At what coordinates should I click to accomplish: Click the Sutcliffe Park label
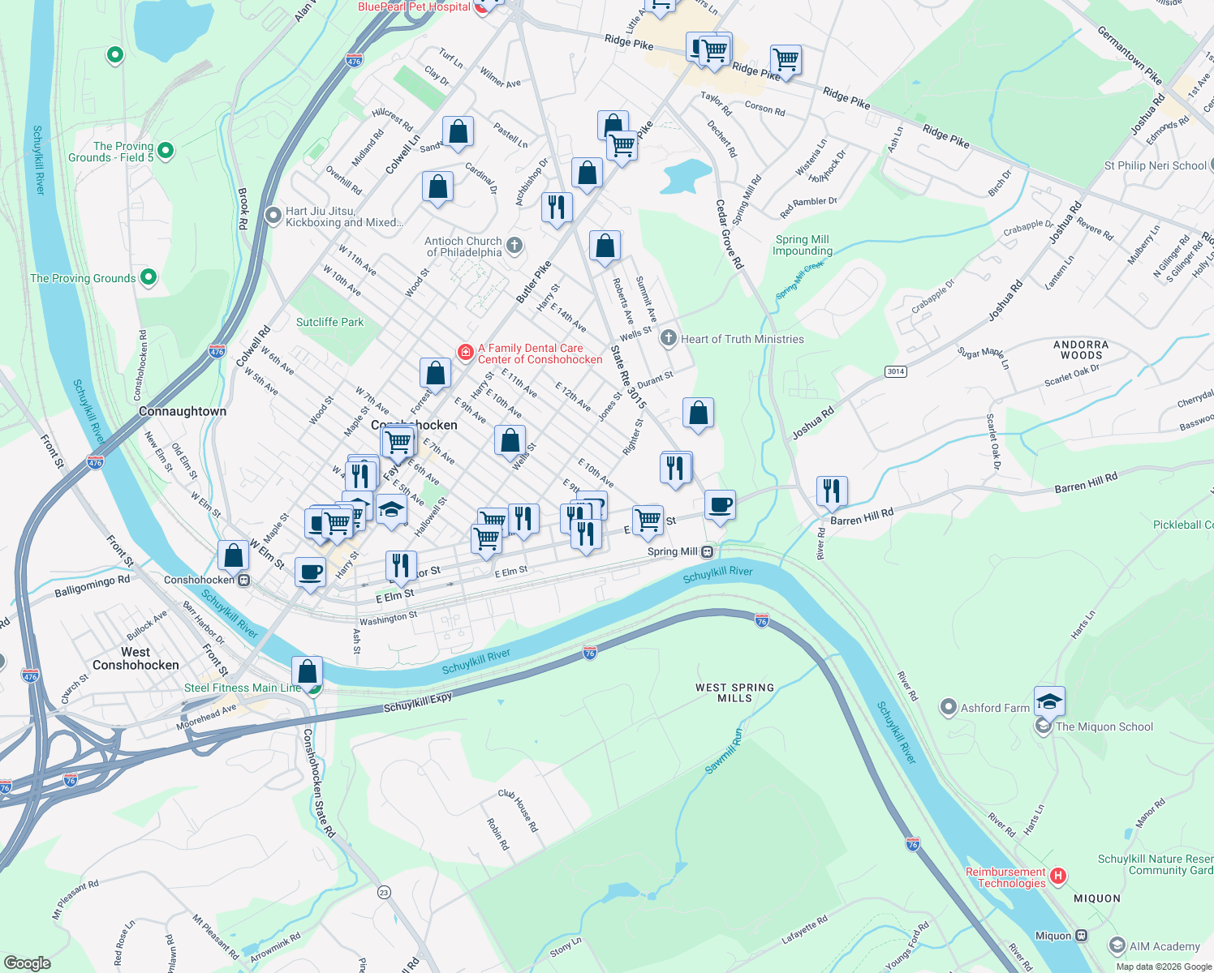pos(329,322)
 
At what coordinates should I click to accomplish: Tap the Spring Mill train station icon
pos(708,551)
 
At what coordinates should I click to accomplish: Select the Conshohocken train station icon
pos(243,580)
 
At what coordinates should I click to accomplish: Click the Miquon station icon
pos(1081,936)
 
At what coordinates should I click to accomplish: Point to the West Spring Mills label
pos(734,692)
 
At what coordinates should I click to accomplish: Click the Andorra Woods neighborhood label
pos(1081,349)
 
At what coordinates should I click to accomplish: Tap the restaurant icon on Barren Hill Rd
pos(832,491)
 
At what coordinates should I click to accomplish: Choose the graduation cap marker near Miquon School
pos(1049,701)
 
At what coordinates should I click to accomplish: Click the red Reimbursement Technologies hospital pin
pos(1057,877)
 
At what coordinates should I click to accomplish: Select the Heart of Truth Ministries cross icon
pos(668,339)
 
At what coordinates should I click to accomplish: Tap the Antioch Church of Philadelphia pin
pos(514,246)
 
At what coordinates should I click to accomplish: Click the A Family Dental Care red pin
pos(466,352)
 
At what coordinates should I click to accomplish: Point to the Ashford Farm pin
pos(948,708)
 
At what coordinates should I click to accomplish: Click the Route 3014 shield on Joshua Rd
pos(895,371)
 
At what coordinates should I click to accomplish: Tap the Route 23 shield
pos(384,892)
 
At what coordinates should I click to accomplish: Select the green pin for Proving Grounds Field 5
pos(166,151)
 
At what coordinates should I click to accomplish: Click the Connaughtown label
pos(183,411)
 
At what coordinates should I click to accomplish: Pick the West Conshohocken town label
pos(136,658)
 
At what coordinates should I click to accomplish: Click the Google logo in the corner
pos(27,962)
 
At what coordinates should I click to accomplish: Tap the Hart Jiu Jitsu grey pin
pos(273,216)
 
